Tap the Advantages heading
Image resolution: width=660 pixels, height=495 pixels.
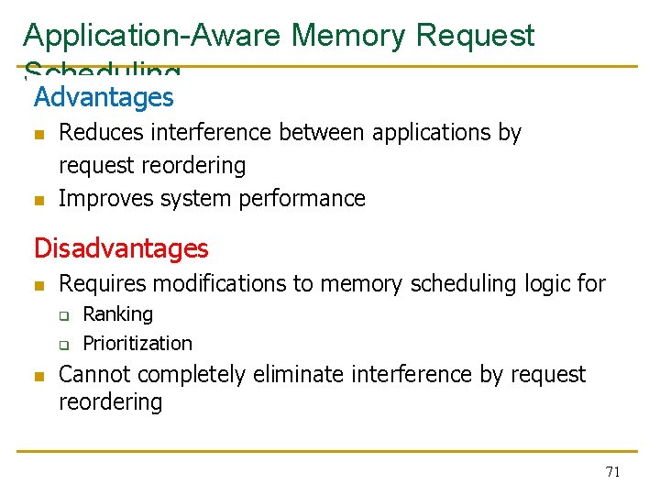point(104,97)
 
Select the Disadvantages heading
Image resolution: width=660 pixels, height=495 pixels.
point(121,248)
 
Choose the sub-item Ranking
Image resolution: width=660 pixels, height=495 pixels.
point(118,314)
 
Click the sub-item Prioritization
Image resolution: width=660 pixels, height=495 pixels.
point(137,344)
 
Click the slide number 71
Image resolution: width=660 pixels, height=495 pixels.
point(613,472)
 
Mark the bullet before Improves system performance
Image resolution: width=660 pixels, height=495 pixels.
point(38,200)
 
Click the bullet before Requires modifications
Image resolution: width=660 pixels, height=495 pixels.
point(38,285)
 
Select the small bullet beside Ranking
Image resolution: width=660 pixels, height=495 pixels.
point(65,316)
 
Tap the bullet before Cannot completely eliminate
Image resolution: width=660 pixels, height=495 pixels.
point(38,376)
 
